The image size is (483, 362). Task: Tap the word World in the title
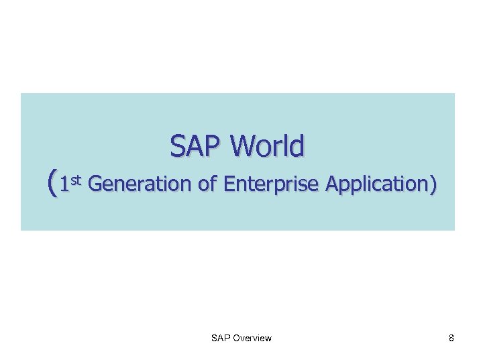pos(269,145)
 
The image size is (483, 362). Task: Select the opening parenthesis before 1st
pos(52,182)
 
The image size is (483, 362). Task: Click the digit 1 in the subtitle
pos(64,184)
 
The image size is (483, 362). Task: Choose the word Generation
pos(140,183)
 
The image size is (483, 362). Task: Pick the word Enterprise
pos(271,184)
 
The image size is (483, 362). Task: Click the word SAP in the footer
pos(220,338)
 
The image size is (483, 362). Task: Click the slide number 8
pos(451,338)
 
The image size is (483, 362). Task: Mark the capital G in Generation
pos(95,183)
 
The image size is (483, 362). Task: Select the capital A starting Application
pos(330,183)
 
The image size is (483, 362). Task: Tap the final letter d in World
pos(296,145)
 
